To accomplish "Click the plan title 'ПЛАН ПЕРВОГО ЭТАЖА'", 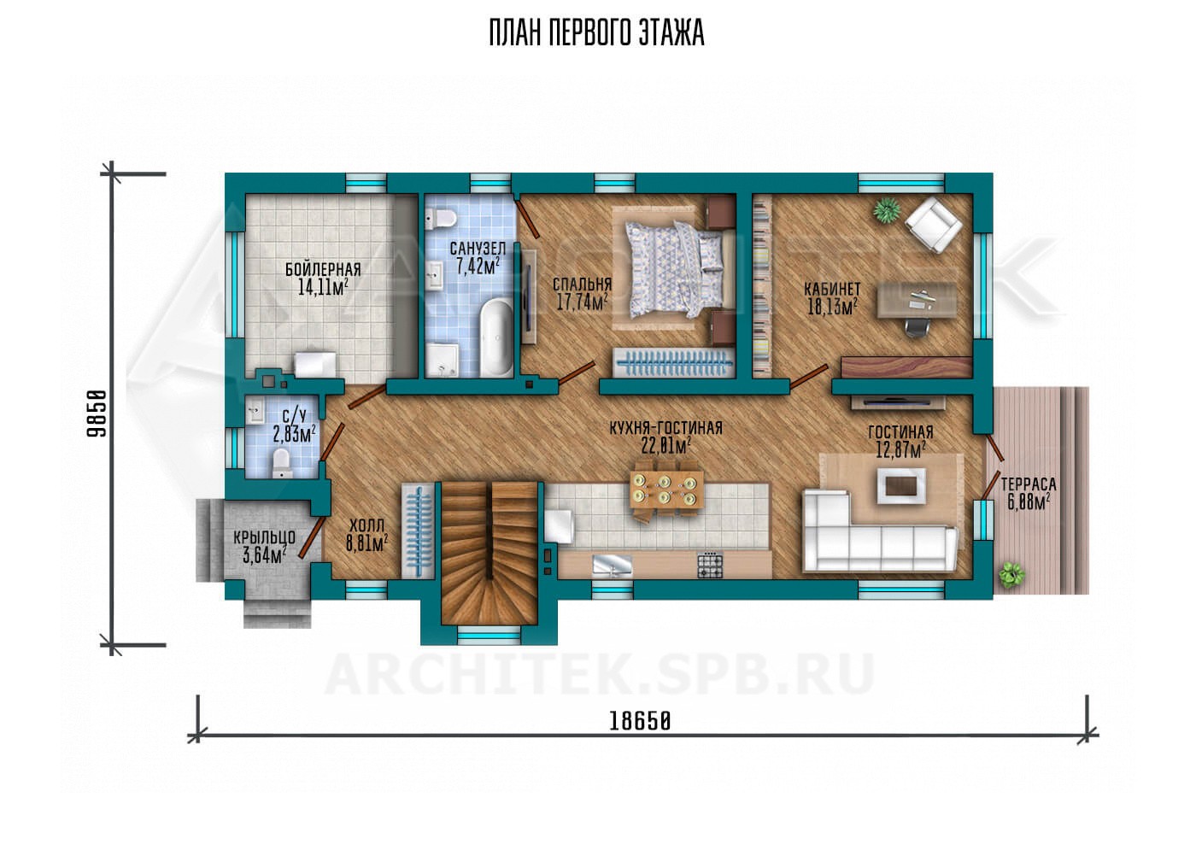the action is tap(596, 33).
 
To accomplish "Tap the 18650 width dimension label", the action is tap(640, 722).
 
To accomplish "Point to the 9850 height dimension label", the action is tap(97, 413).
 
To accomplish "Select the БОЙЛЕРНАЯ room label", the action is tap(323, 270).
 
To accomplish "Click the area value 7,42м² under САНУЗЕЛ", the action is tap(478, 266).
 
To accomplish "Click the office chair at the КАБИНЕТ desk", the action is tap(916, 325).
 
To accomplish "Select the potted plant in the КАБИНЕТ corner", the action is tap(887, 210).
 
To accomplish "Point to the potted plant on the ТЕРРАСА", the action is tap(1011, 575).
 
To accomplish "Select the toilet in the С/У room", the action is tap(281, 462).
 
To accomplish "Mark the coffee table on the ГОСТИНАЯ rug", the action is tap(900, 485).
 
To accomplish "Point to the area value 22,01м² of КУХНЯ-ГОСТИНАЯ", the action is tap(665, 444).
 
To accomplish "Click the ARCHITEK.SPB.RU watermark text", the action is tap(599, 674).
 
